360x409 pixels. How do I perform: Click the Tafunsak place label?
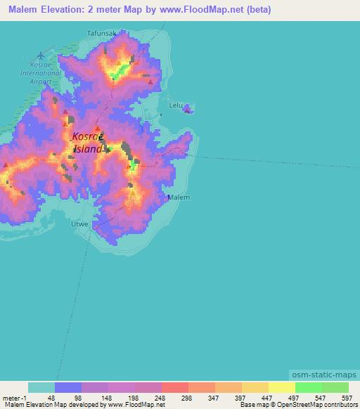pos(101,33)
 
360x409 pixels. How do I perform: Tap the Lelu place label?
pos(176,105)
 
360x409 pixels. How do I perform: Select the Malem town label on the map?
pos(179,197)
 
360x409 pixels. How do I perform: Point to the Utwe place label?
pos(79,224)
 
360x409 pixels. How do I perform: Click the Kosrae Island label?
pos(89,143)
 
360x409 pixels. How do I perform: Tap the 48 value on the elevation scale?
pos(51,397)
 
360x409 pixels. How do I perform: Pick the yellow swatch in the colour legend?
pos(281,387)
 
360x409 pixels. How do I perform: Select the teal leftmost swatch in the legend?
pos(41,387)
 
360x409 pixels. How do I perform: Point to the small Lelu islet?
pos(188,108)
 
